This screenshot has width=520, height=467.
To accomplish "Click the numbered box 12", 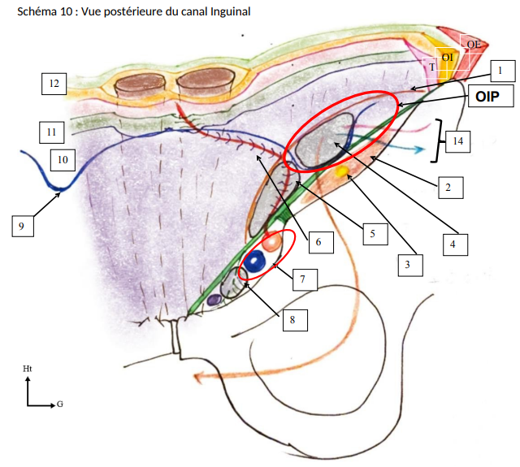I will pos(54,83).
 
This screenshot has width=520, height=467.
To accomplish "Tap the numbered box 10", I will pos(63,159).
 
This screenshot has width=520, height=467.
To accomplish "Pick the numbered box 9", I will pos(22,225).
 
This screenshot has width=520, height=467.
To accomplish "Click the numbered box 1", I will pos(501,71).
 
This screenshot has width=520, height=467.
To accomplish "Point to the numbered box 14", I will pos(458,141).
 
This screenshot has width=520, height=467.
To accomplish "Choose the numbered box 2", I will pos(448,188).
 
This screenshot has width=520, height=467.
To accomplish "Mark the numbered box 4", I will pos(453,241).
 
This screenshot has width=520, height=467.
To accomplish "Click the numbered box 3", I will pos(411,263).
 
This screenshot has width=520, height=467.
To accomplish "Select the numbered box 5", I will pos(372,234).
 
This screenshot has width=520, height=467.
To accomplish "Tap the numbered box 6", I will pos(319,240).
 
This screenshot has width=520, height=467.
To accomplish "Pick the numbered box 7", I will pos(302,279).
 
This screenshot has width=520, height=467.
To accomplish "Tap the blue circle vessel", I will pos(255,262).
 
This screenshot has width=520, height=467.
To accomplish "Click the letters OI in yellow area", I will pos(447,57).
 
